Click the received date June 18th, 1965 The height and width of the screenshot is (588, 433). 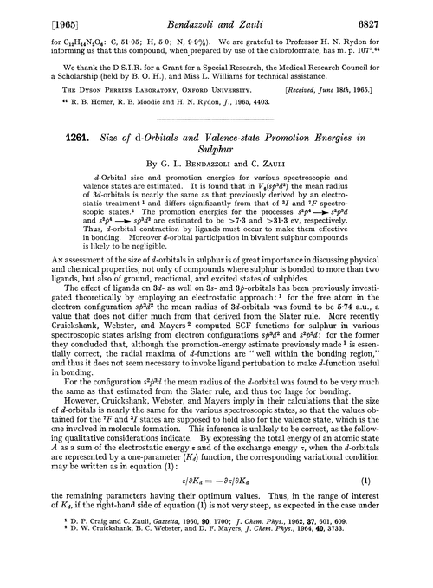tap(372, 105)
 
